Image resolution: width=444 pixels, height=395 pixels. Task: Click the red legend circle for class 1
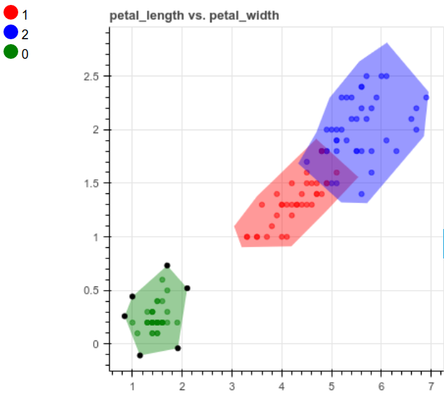11,12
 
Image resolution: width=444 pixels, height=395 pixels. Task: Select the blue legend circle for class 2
11,32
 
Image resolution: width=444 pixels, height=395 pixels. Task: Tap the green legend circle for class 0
11,51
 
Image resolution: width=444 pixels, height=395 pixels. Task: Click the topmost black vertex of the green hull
167,265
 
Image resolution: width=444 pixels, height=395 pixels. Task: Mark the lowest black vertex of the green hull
140,355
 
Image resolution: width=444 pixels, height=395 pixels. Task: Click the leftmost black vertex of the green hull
125,316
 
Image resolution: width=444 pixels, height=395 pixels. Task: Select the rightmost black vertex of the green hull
187,288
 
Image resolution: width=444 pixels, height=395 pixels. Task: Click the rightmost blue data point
426,97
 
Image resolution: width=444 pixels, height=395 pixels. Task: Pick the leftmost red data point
247,237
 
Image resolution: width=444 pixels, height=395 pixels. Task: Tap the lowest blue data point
361,194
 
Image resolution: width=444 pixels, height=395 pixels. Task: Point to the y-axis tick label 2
97,130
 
